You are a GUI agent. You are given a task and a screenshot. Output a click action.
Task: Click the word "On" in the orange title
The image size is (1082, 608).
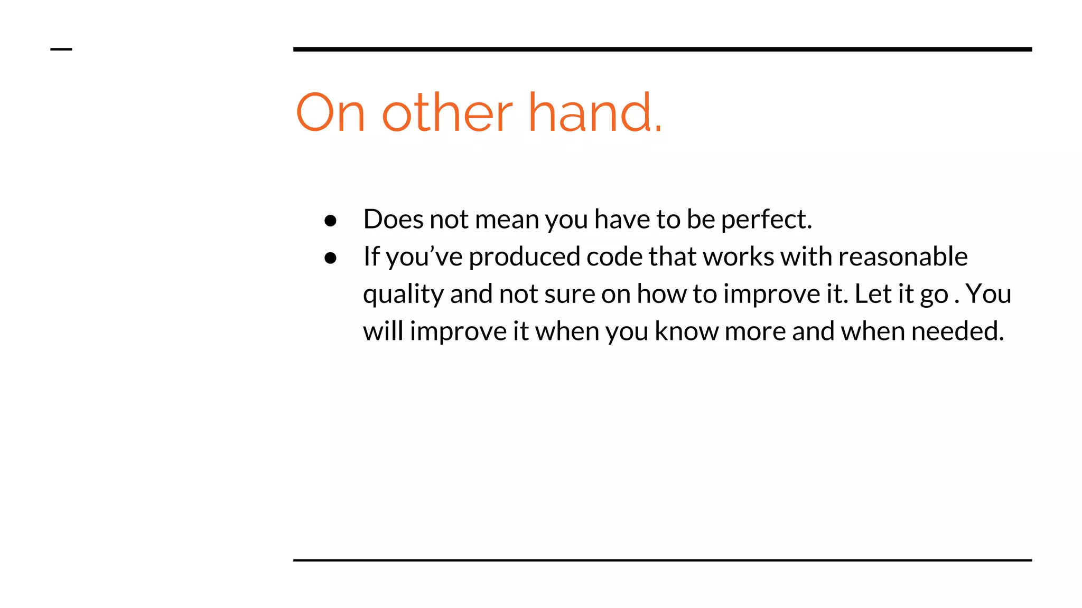click(330, 112)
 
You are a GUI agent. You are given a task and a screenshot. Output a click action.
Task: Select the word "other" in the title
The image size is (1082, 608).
click(447, 112)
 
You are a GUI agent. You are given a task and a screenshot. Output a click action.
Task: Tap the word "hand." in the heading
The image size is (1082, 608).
click(595, 112)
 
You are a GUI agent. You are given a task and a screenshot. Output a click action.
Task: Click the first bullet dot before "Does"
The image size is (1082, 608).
click(331, 221)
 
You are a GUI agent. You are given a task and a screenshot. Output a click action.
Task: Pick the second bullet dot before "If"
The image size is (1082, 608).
click(331, 258)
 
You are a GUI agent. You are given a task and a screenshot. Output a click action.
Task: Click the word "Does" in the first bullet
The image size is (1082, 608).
click(393, 219)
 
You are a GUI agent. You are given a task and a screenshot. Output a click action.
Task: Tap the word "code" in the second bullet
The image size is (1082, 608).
click(614, 256)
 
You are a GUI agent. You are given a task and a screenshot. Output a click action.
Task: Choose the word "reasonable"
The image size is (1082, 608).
click(903, 256)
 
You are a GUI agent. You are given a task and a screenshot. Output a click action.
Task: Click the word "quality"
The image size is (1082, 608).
click(403, 294)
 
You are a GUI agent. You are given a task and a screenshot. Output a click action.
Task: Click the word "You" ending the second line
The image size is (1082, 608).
click(988, 294)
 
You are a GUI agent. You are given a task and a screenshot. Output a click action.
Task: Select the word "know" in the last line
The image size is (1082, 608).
click(686, 331)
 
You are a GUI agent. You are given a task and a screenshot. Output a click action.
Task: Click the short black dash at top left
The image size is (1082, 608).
click(61, 50)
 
